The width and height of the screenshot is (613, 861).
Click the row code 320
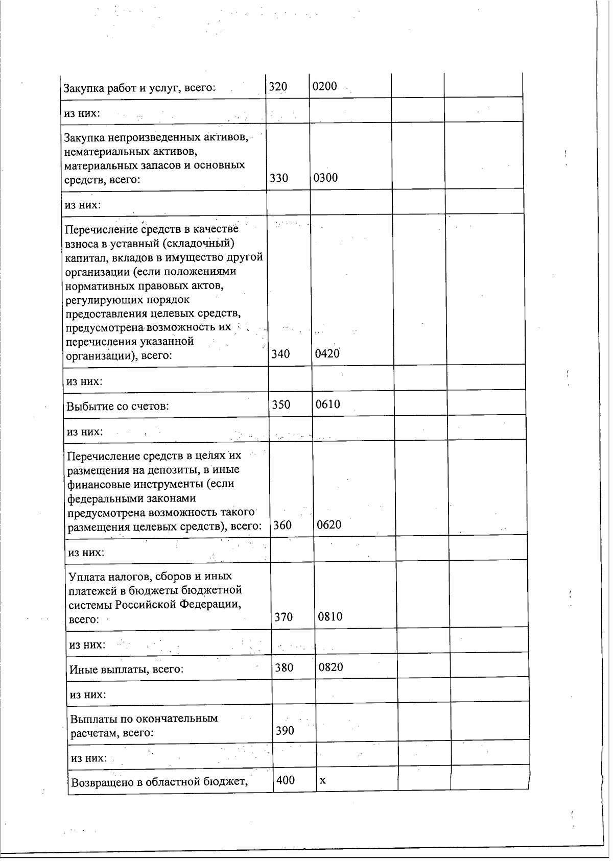278,87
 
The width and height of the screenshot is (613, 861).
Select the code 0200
324,86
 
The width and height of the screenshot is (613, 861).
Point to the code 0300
325,178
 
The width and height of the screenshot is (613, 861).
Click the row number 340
280,354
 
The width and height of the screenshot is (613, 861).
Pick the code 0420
327,353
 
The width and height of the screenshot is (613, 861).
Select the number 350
281,405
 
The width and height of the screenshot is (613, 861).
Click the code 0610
327,404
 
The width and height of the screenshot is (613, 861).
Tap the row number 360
282,525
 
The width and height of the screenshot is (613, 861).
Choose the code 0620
329,524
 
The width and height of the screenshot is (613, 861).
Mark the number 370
284,617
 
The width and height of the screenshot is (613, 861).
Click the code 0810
330,616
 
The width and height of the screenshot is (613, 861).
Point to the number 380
284,667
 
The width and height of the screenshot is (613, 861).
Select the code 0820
331,667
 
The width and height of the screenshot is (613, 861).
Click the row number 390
285,731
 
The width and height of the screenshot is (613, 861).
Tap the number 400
286,780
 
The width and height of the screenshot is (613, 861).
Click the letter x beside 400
322,781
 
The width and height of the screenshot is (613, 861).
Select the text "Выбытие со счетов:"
118,406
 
